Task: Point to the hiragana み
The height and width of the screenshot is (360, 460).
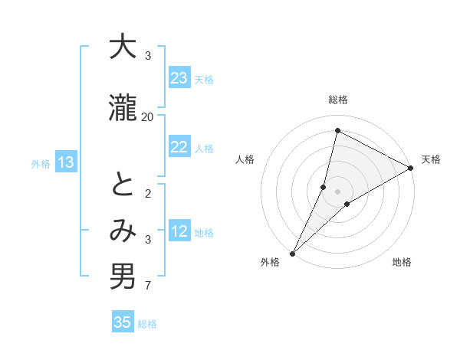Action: point(123,231)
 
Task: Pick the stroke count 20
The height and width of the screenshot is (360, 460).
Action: point(148,116)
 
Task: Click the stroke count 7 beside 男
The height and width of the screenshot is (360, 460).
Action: point(148,286)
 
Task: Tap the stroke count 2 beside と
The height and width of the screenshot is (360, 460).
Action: point(148,193)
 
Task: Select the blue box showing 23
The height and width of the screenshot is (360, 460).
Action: point(179,78)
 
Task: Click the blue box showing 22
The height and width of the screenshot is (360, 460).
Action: point(179,147)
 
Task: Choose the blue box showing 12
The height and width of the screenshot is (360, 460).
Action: point(179,231)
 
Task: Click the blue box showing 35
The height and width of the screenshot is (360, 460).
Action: point(123,322)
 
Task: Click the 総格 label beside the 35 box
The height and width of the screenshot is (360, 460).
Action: point(147,324)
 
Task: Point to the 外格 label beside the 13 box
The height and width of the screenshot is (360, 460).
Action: point(41,163)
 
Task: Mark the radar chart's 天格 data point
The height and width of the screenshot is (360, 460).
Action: point(411,169)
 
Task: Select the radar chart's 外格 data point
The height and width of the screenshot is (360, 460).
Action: point(292,253)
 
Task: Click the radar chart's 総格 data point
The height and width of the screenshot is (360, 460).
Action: point(337,131)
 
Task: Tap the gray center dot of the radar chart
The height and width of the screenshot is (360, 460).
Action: point(337,191)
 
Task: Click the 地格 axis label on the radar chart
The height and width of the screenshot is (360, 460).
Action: point(402,263)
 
